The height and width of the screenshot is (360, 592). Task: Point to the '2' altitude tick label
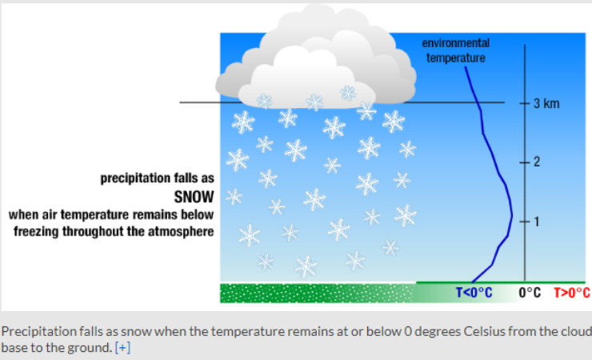click(537, 162)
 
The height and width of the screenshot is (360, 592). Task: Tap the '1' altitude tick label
click(537, 222)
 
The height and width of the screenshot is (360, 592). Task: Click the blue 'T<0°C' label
click(473, 292)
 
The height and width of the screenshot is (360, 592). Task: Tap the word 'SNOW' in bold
click(194, 197)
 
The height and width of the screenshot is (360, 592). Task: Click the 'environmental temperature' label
click(456, 50)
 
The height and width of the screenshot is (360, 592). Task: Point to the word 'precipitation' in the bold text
click(130, 178)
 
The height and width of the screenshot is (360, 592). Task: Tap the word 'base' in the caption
click(14, 347)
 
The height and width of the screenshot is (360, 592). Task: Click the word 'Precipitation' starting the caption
click(34, 331)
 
